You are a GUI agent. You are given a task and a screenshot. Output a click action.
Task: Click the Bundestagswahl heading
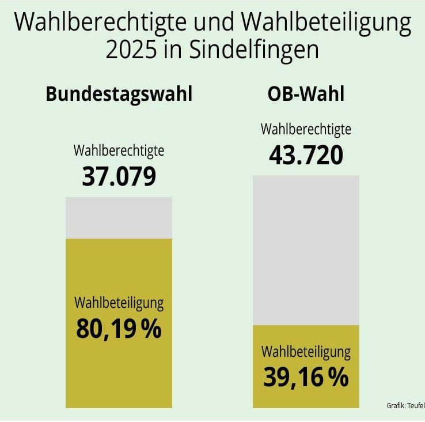coord(119,94)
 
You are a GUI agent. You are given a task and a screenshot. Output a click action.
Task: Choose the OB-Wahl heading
coord(306,94)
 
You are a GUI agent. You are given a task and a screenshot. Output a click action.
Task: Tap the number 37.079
coord(119,177)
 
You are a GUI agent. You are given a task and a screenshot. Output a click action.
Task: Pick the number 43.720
coord(306,155)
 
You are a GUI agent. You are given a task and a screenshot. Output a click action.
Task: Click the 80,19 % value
coord(119,329)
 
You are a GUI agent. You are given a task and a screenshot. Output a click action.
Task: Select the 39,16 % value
coord(306,378)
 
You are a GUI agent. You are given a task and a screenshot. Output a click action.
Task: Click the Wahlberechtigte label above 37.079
coord(119,151)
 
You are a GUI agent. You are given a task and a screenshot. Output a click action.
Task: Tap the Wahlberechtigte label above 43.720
coord(306,129)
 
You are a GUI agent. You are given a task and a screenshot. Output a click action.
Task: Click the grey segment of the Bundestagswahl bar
coord(119,218)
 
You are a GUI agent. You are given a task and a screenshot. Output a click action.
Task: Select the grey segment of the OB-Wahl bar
coord(306,250)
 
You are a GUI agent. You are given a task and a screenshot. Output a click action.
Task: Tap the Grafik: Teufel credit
coord(405,406)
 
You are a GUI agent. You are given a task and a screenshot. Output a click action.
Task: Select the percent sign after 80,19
coord(151,329)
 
